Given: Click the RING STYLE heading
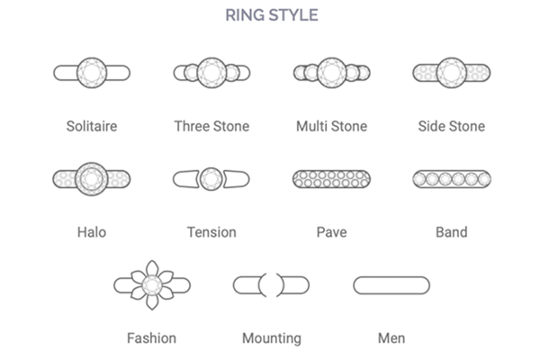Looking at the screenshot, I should pyautogui.click(x=270, y=15).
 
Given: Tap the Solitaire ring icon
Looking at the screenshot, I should pyautogui.click(x=92, y=72).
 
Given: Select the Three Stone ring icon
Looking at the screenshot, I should pyautogui.click(x=211, y=72).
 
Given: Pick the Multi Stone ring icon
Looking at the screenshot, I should pyautogui.click(x=331, y=72).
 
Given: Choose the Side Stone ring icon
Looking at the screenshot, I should pyautogui.click(x=451, y=72).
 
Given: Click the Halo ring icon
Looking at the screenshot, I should pyautogui.click(x=92, y=178).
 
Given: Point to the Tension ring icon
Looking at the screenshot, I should pyautogui.click(x=211, y=178).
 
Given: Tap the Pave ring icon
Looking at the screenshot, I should pyautogui.click(x=331, y=179).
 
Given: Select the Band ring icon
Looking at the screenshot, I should pyautogui.click(x=451, y=179).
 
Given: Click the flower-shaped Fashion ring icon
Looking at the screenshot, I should pyautogui.click(x=151, y=285).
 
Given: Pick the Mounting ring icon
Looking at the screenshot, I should pyautogui.click(x=271, y=285).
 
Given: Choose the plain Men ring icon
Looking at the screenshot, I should pyautogui.click(x=391, y=285).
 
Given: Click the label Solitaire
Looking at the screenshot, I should pyautogui.click(x=92, y=126).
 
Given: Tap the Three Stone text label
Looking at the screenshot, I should pyautogui.click(x=211, y=126).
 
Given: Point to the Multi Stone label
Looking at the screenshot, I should pyautogui.click(x=331, y=126).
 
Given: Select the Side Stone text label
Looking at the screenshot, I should pyautogui.click(x=451, y=126).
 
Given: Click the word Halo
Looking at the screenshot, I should pyautogui.click(x=92, y=232).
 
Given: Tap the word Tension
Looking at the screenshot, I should pyautogui.click(x=211, y=232).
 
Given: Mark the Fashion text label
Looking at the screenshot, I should pyautogui.click(x=151, y=338).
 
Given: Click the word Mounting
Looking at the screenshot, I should pyautogui.click(x=271, y=338).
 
